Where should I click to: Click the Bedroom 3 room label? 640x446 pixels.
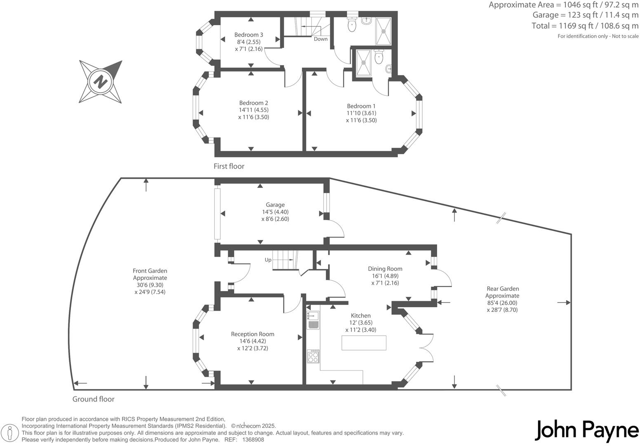249,35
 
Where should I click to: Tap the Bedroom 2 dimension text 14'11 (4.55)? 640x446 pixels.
254,110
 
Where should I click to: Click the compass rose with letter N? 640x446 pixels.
100,81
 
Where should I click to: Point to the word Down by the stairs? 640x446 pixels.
320,39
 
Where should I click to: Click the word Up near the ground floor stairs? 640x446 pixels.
268,260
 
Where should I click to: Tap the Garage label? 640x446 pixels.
275,205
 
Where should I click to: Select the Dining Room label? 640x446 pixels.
385,269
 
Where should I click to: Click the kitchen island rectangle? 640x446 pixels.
364,343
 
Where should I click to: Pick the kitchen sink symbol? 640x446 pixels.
313,320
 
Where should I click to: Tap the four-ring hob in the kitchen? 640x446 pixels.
313,356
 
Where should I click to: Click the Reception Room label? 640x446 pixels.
252,334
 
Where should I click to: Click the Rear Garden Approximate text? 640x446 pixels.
502,292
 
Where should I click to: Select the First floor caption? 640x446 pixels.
229,166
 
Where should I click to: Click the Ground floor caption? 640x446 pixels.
93,399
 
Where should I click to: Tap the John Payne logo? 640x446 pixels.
587,431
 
